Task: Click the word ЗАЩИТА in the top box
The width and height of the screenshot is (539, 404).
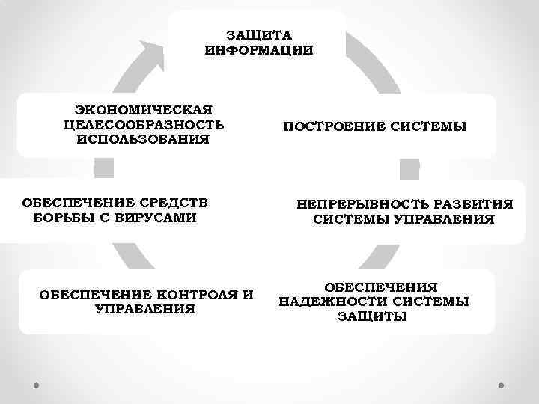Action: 258,35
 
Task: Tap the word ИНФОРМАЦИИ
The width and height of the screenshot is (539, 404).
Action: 258,50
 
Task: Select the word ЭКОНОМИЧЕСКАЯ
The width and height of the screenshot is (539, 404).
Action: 144,109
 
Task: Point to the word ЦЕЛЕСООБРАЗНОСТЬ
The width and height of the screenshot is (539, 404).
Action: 144,124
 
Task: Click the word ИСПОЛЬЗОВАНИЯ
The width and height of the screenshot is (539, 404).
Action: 144,139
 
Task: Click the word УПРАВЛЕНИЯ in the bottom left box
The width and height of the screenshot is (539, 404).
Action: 145,308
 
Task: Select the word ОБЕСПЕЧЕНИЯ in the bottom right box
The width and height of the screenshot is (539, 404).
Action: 380,287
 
